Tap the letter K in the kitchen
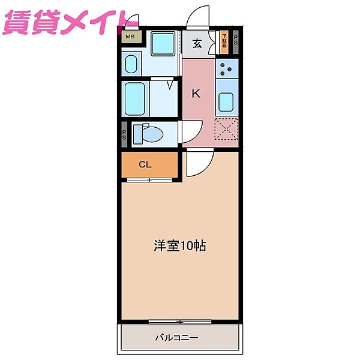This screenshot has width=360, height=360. (x=196, y=94)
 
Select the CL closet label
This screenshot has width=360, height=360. (x=145, y=164)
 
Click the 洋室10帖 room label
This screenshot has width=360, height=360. (x=180, y=245)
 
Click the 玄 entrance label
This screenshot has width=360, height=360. (x=197, y=43)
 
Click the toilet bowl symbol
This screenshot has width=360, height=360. (x=145, y=133)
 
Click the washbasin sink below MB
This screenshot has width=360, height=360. (x=131, y=62)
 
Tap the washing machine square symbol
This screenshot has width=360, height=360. (x=161, y=44)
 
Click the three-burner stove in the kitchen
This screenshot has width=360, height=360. (x=228, y=72)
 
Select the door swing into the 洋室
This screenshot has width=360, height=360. (x=197, y=164)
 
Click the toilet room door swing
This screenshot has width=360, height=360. (x=191, y=130)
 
